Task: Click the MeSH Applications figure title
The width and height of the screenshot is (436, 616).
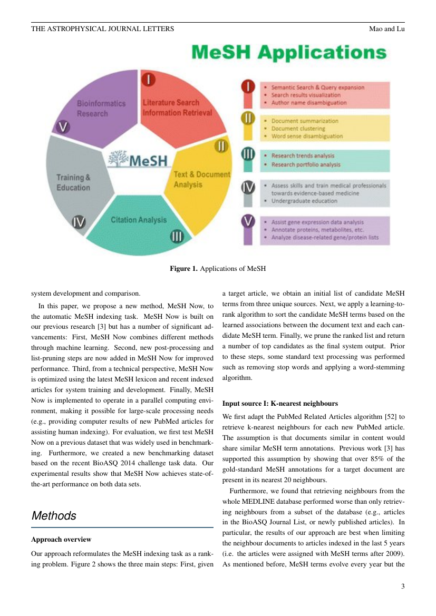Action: tap(289, 53)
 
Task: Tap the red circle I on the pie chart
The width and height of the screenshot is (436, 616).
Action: tap(149, 80)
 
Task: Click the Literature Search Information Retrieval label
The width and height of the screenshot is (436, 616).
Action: tap(177, 107)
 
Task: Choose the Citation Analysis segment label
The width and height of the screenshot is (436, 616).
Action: tap(138, 220)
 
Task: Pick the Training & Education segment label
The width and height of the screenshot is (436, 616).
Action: tap(73, 182)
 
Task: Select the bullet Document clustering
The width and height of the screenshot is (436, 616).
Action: tap(298, 128)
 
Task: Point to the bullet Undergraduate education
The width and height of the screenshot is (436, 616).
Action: tap(304, 201)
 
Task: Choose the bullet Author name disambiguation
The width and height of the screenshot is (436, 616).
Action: tap(308, 103)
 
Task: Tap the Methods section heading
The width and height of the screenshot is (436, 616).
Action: tap(54, 516)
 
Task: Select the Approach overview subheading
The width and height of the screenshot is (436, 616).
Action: tap(61, 540)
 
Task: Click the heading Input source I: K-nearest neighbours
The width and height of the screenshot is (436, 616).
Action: tap(280, 404)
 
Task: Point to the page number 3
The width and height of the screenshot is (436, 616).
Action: tap(402, 586)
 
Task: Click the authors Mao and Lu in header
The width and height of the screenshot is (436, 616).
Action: tap(386, 28)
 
